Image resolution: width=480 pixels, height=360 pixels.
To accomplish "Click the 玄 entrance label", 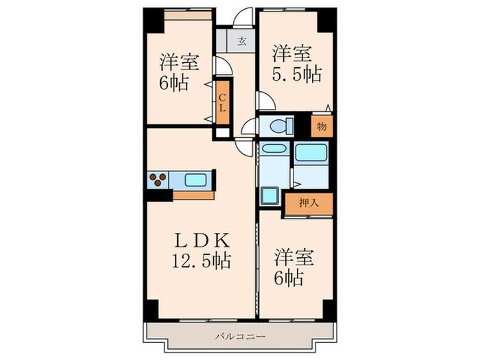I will click(242, 41).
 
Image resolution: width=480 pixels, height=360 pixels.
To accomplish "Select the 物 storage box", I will click(322, 125).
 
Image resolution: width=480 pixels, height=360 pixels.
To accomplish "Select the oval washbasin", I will click(272, 149).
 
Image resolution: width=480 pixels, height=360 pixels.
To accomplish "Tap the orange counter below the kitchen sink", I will click(194, 195).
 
